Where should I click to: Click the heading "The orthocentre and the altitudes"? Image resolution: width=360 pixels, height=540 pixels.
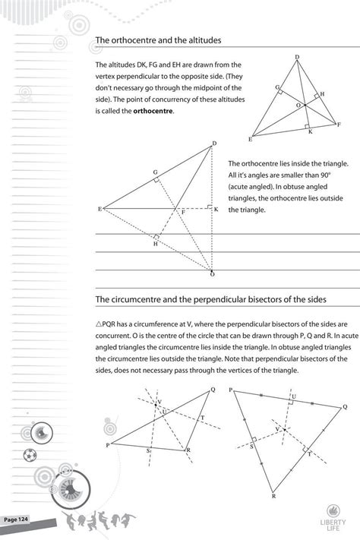point(158,40)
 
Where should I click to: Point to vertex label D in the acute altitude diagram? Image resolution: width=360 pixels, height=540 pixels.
point(297,58)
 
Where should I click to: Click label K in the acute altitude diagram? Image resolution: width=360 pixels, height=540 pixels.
point(310,131)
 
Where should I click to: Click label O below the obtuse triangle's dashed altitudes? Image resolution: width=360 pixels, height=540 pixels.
point(213,273)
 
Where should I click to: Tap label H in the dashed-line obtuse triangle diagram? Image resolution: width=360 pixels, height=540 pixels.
point(155,243)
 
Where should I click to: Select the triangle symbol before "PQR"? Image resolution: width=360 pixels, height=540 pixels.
point(99,323)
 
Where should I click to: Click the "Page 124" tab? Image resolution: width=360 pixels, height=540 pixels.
point(17,519)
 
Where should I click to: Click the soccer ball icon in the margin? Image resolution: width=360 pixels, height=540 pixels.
point(29,456)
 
